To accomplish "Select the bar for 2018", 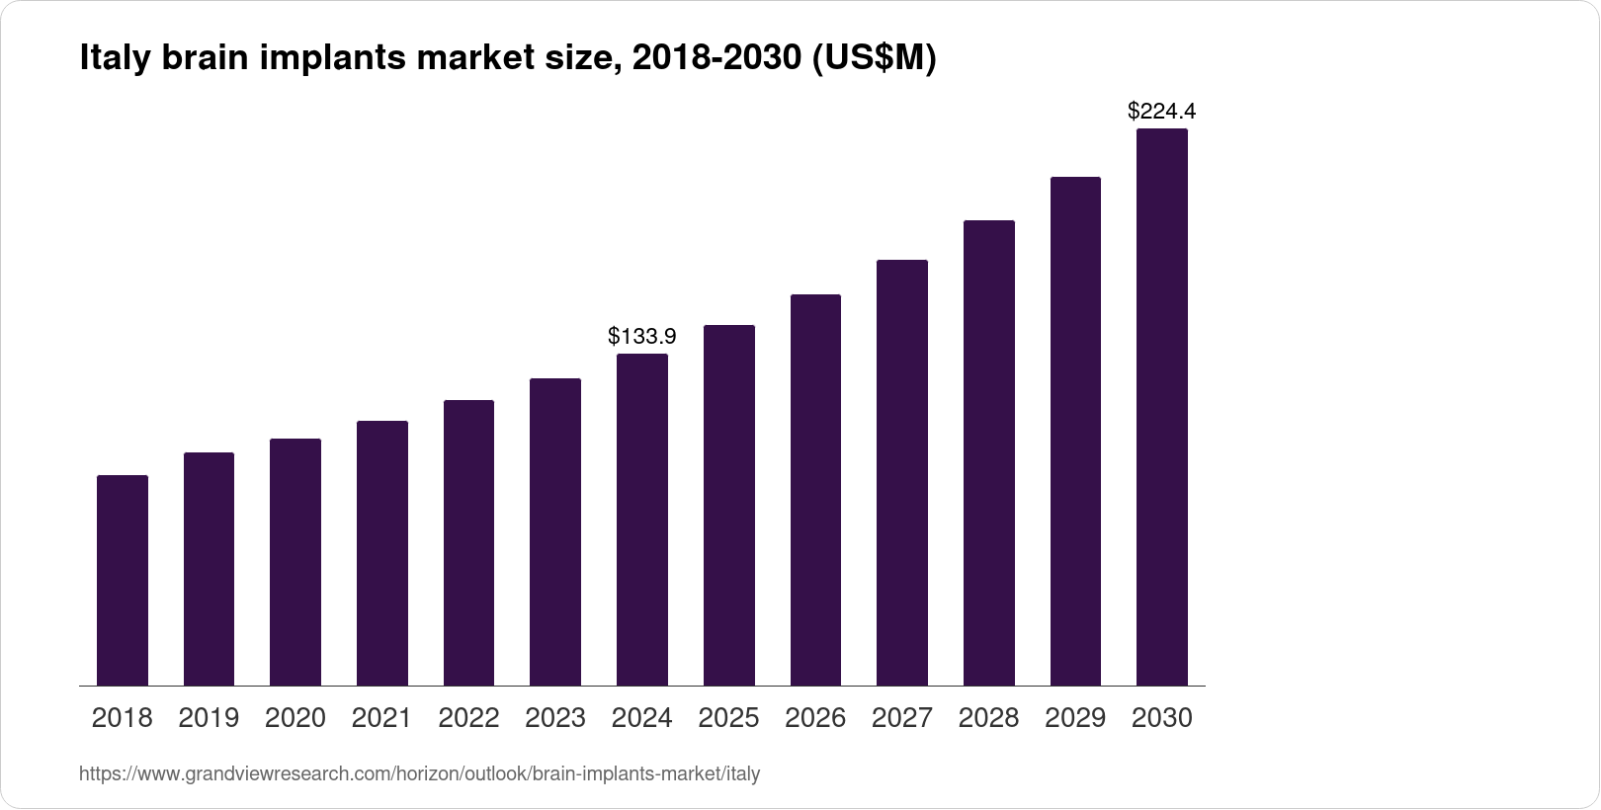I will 123,581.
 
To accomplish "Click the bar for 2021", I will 382,553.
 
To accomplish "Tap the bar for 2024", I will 642,520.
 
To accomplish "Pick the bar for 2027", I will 902,473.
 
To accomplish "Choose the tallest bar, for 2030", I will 1162,407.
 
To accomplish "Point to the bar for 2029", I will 1075,432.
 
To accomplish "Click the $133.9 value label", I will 642,337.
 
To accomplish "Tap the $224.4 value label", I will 1162,112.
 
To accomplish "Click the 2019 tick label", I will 209,718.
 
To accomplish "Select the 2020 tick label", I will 295,718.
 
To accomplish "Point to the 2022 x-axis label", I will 468,718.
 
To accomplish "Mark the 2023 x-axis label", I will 555,718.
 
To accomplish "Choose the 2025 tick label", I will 728,718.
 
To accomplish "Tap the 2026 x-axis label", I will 815,718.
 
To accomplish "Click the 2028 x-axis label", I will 988,718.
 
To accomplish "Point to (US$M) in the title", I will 873,59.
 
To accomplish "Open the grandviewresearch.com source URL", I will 419,774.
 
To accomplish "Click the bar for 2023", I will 555,531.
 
